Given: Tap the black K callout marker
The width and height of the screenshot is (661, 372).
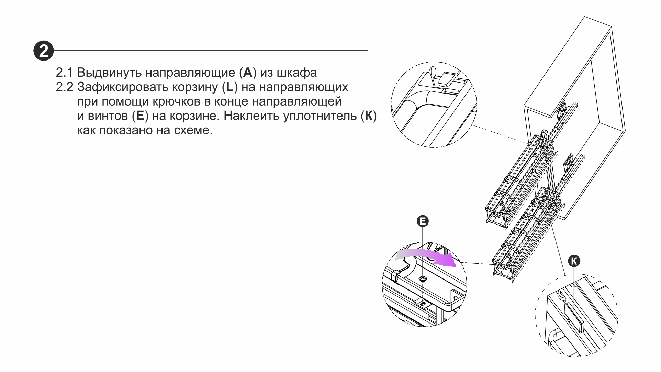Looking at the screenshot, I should pos(574,261).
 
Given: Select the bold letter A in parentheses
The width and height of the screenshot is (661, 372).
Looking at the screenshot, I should pos(248,73).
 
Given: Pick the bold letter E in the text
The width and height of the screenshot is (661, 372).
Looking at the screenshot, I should pos(140,116).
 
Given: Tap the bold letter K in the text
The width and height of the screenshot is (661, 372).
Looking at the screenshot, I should pos(369,116).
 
